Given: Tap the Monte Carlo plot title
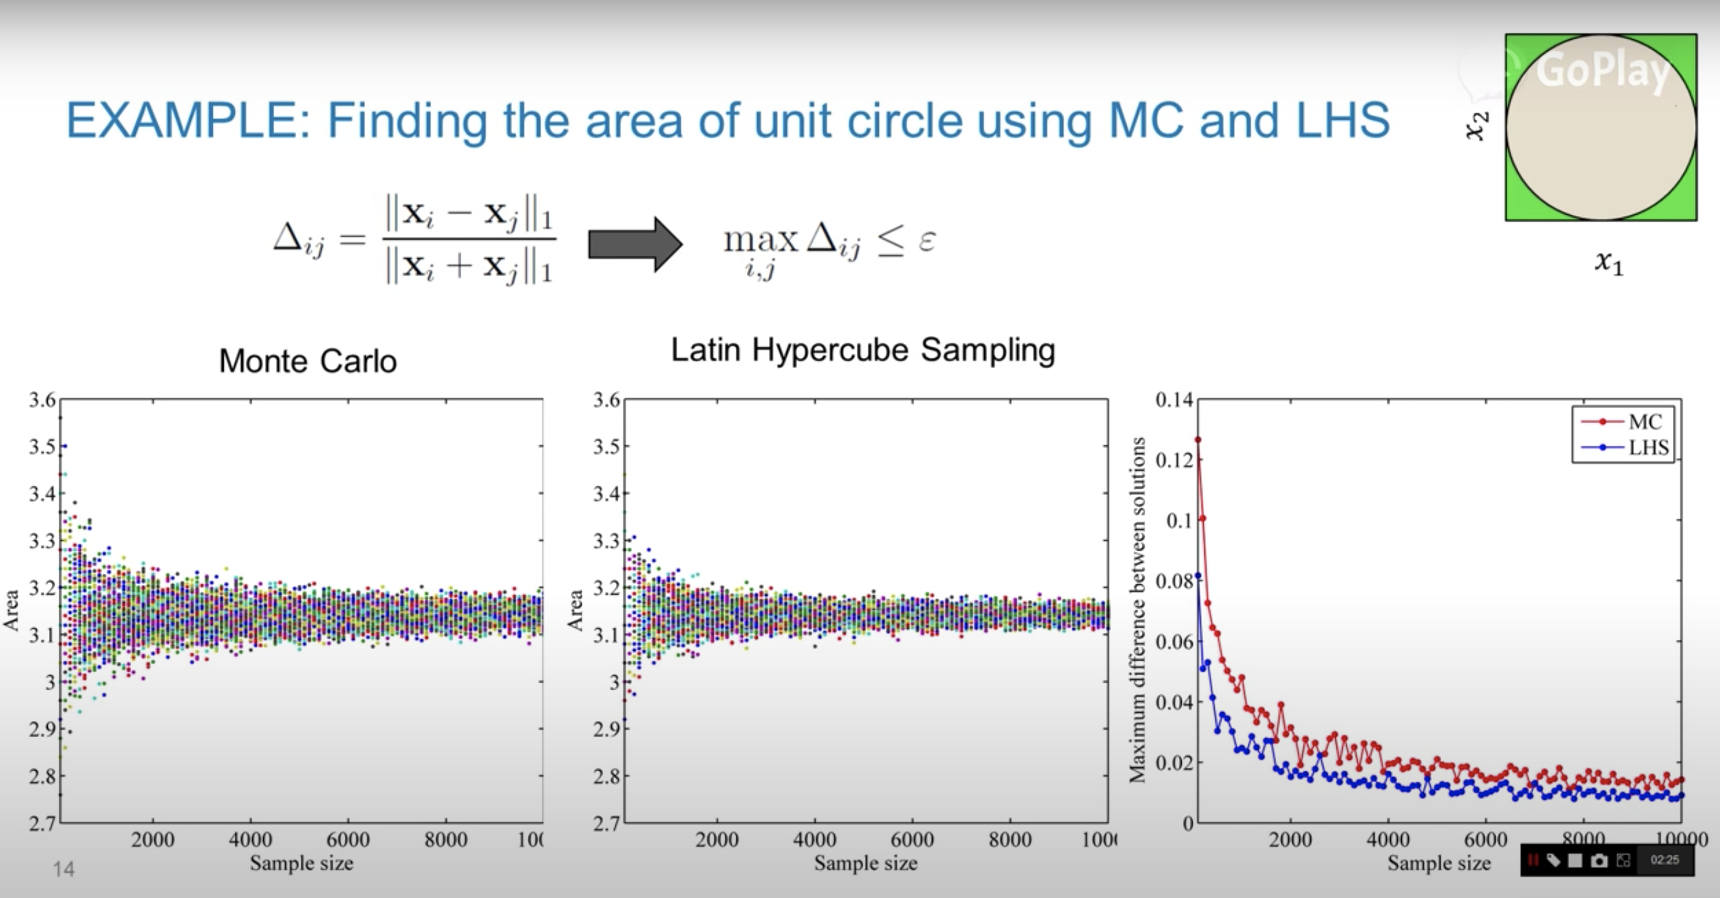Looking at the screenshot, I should click(308, 361).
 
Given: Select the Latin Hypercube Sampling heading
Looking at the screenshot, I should click(862, 350).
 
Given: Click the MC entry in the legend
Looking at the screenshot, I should click(1644, 422).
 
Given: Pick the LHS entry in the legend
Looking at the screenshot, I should click(1648, 447).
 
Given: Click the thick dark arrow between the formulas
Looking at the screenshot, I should click(634, 243).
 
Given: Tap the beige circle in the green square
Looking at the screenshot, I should click(1601, 127).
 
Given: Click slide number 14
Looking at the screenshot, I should click(64, 869).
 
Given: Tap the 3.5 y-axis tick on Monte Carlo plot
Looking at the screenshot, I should click(42, 446).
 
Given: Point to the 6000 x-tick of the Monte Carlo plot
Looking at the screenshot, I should click(348, 839).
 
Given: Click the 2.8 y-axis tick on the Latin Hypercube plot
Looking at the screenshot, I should click(606, 776).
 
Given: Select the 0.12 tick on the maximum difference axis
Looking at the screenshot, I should click(1174, 460).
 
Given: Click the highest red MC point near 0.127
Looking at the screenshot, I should click(1198, 440).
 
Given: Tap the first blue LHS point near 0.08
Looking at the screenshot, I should click(1198, 576).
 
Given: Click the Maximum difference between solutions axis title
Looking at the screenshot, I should click(1137, 609).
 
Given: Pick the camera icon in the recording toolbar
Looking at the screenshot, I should click(1599, 861).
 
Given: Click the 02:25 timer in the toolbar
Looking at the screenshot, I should click(1664, 860).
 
